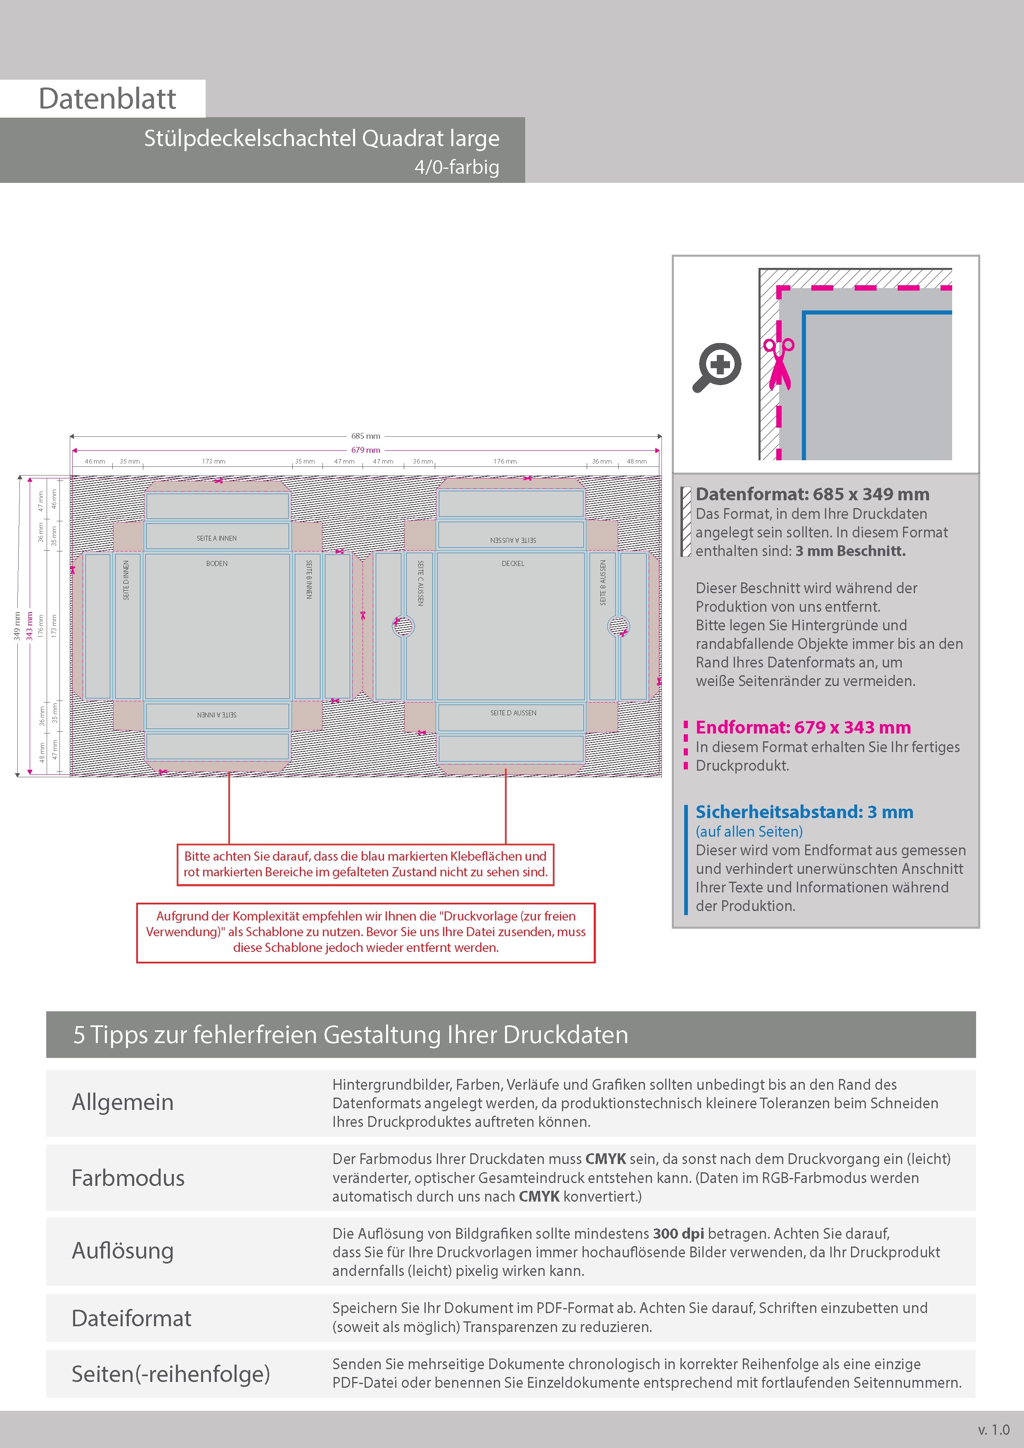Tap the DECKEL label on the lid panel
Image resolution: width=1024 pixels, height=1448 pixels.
pyautogui.click(x=513, y=563)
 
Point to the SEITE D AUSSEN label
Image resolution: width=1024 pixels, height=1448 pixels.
pyautogui.click(x=513, y=712)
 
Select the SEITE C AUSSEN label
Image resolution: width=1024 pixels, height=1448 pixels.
pyautogui.click(x=420, y=583)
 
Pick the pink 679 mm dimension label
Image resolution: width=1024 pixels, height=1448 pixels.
pyautogui.click(x=366, y=450)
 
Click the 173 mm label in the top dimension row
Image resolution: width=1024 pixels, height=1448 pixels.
pyautogui.click(x=213, y=461)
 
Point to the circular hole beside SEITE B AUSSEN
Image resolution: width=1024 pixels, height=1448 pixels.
pyautogui.click(x=618, y=626)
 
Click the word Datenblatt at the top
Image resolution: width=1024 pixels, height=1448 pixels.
pyautogui.click(x=107, y=98)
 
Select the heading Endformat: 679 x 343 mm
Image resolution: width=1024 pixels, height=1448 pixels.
pyautogui.click(x=803, y=727)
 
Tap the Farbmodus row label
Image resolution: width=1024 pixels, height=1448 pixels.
pyautogui.click(x=128, y=1178)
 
